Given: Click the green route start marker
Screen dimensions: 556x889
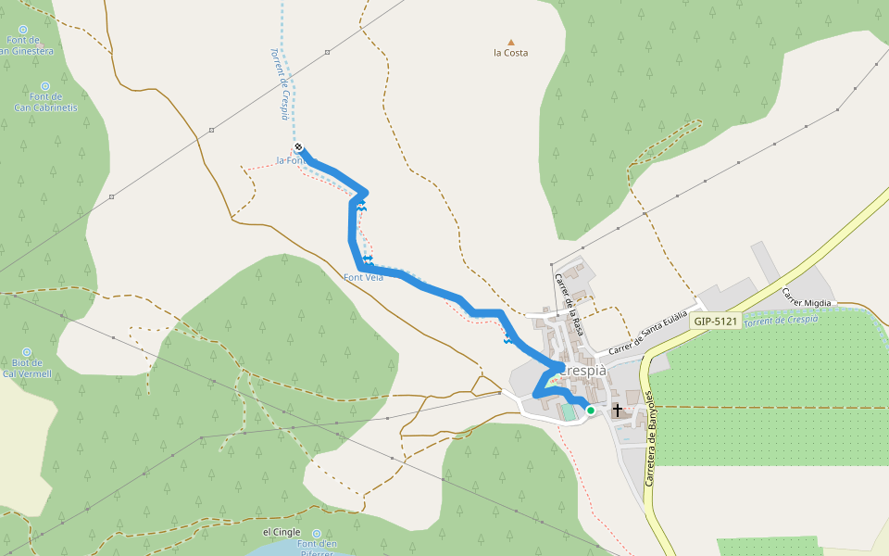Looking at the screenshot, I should (591, 410).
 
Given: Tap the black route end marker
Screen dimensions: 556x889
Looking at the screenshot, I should (299, 147).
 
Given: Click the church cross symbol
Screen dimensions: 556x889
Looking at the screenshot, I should (618, 410).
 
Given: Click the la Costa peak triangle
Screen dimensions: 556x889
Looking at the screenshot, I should (510, 42).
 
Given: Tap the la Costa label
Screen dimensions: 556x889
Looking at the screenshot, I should (510, 53).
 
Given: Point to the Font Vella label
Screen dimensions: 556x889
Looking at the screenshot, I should (363, 277).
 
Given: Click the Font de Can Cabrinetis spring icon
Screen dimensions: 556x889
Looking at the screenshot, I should (45, 83).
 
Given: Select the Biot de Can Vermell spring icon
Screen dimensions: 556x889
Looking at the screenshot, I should (26, 352).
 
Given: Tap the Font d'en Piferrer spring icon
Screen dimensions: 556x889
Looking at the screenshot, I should (317, 534).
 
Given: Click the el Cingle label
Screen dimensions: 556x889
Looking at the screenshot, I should (282, 533).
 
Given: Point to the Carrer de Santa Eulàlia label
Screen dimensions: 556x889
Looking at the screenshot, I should (648, 335).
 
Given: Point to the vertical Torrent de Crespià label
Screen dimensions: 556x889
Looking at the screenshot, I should (281, 83).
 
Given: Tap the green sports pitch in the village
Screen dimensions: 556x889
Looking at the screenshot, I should (567, 411).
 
